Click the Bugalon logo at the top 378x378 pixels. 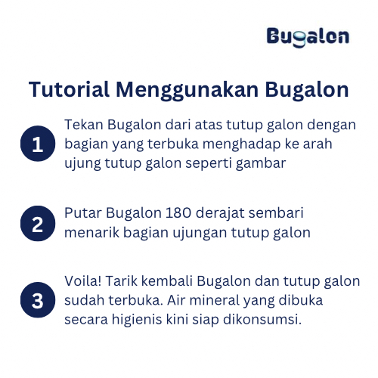pyautogui.click(x=308, y=37)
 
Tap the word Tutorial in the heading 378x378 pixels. pyautogui.click(x=69, y=89)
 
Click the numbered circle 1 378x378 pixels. pyautogui.click(x=38, y=144)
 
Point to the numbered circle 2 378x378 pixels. pyautogui.click(x=38, y=224)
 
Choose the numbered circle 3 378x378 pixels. pyautogui.click(x=38, y=300)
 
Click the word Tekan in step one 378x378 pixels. pyautogui.click(x=84, y=125)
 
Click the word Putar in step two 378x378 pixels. pyautogui.click(x=83, y=213)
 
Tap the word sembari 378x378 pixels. pyautogui.click(x=276, y=213)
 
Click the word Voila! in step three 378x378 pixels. pyautogui.click(x=83, y=281)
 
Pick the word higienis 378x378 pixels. pyautogui.click(x=137, y=320)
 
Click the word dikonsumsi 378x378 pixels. pyautogui.click(x=262, y=320)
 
